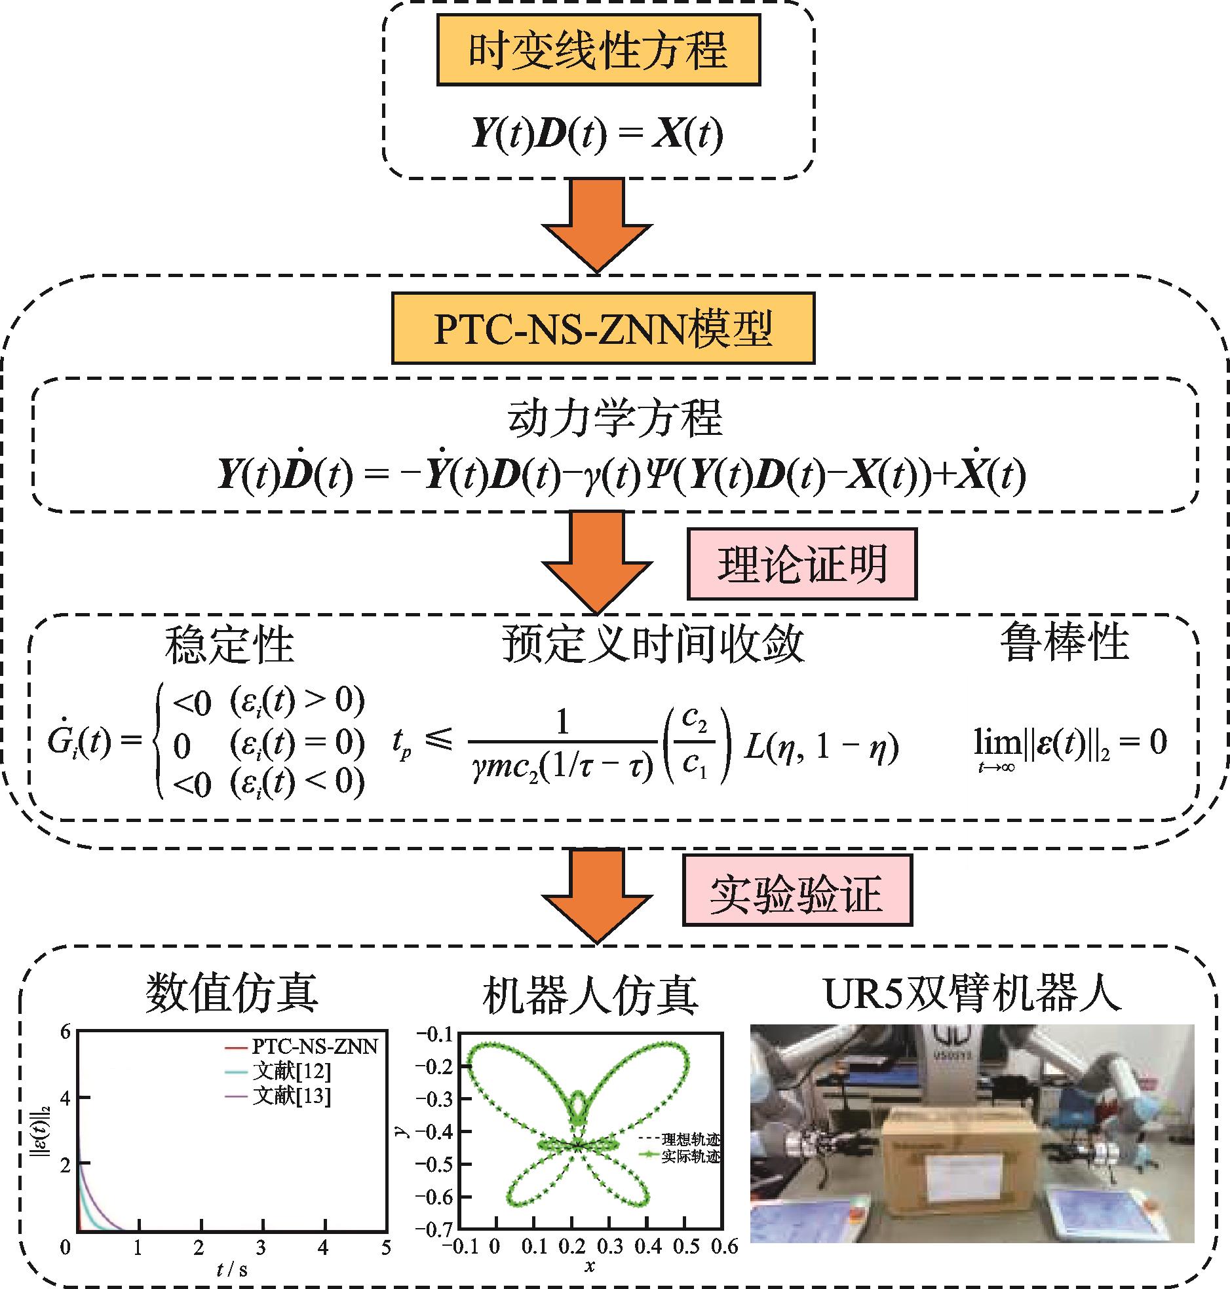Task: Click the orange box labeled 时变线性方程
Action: [x=598, y=50]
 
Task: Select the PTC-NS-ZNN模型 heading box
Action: [x=602, y=328]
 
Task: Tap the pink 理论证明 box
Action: [x=801, y=563]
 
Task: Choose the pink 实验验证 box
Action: [x=797, y=890]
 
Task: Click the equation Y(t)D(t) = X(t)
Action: [x=596, y=133]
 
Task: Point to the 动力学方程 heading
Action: [x=614, y=418]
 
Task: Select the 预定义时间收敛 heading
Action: [x=653, y=643]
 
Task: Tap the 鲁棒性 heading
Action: [x=1064, y=642]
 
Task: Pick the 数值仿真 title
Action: [x=231, y=992]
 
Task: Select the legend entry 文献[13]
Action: [x=292, y=1095]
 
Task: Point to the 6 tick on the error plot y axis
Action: [x=65, y=1032]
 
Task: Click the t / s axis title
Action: [x=231, y=1269]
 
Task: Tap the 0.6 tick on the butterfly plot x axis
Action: [x=724, y=1246]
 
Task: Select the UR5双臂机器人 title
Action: [x=972, y=994]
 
